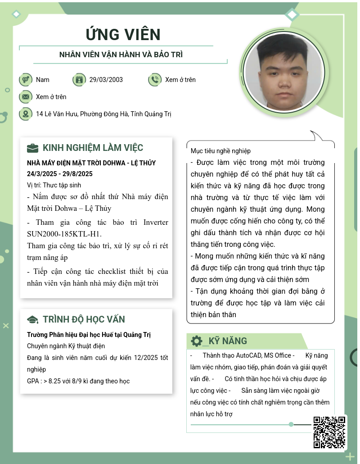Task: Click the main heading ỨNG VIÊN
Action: tap(123, 35)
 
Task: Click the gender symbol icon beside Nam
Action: tap(26, 80)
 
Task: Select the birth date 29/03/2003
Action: tap(106, 80)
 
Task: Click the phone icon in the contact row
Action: tap(154, 80)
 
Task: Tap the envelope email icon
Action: tap(26, 97)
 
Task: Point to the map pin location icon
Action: tap(26, 114)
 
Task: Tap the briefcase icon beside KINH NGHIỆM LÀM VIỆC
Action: tap(33, 148)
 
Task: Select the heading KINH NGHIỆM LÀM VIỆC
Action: tap(93, 148)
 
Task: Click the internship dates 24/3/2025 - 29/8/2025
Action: tap(60, 174)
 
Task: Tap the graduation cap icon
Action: tap(33, 320)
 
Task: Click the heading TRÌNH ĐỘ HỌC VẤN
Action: tap(84, 320)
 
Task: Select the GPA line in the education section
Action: tap(78, 381)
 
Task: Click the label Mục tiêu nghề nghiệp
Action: tap(220, 151)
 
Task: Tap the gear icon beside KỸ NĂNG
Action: tap(196, 341)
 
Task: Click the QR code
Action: tap(329, 432)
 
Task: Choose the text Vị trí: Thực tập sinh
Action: tap(54, 185)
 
